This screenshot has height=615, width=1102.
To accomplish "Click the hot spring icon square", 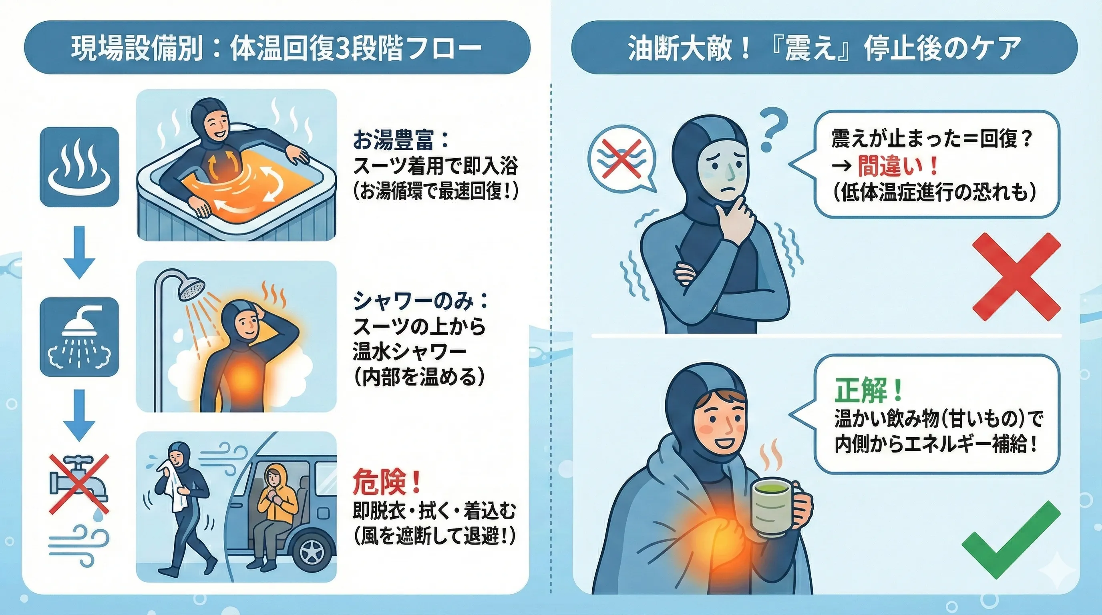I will click(x=79, y=167).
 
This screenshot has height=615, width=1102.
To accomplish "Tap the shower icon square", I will click(x=79, y=337).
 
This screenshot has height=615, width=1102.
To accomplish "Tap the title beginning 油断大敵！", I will click(x=824, y=48).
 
